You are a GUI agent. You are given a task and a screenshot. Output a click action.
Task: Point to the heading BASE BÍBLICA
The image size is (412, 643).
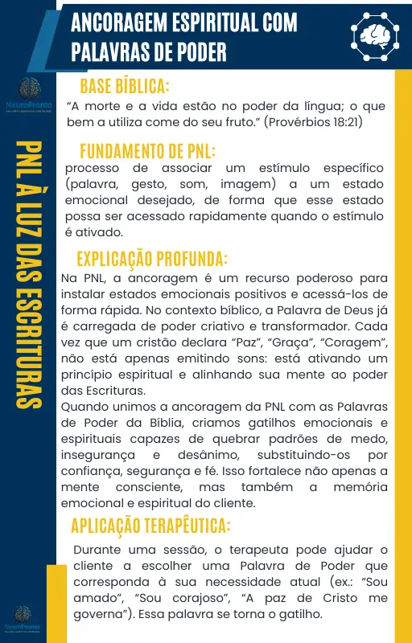tap(125, 86)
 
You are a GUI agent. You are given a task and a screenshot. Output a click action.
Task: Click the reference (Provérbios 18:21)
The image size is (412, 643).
tap(313, 122)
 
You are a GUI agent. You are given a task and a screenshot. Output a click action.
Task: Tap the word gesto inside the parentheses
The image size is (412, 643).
tap(157, 184)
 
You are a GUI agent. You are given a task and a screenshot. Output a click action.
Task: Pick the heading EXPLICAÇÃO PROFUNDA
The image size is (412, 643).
tap(152, 259)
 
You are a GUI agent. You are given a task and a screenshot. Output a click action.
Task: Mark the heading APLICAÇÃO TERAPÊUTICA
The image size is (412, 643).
tap(150, 526)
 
